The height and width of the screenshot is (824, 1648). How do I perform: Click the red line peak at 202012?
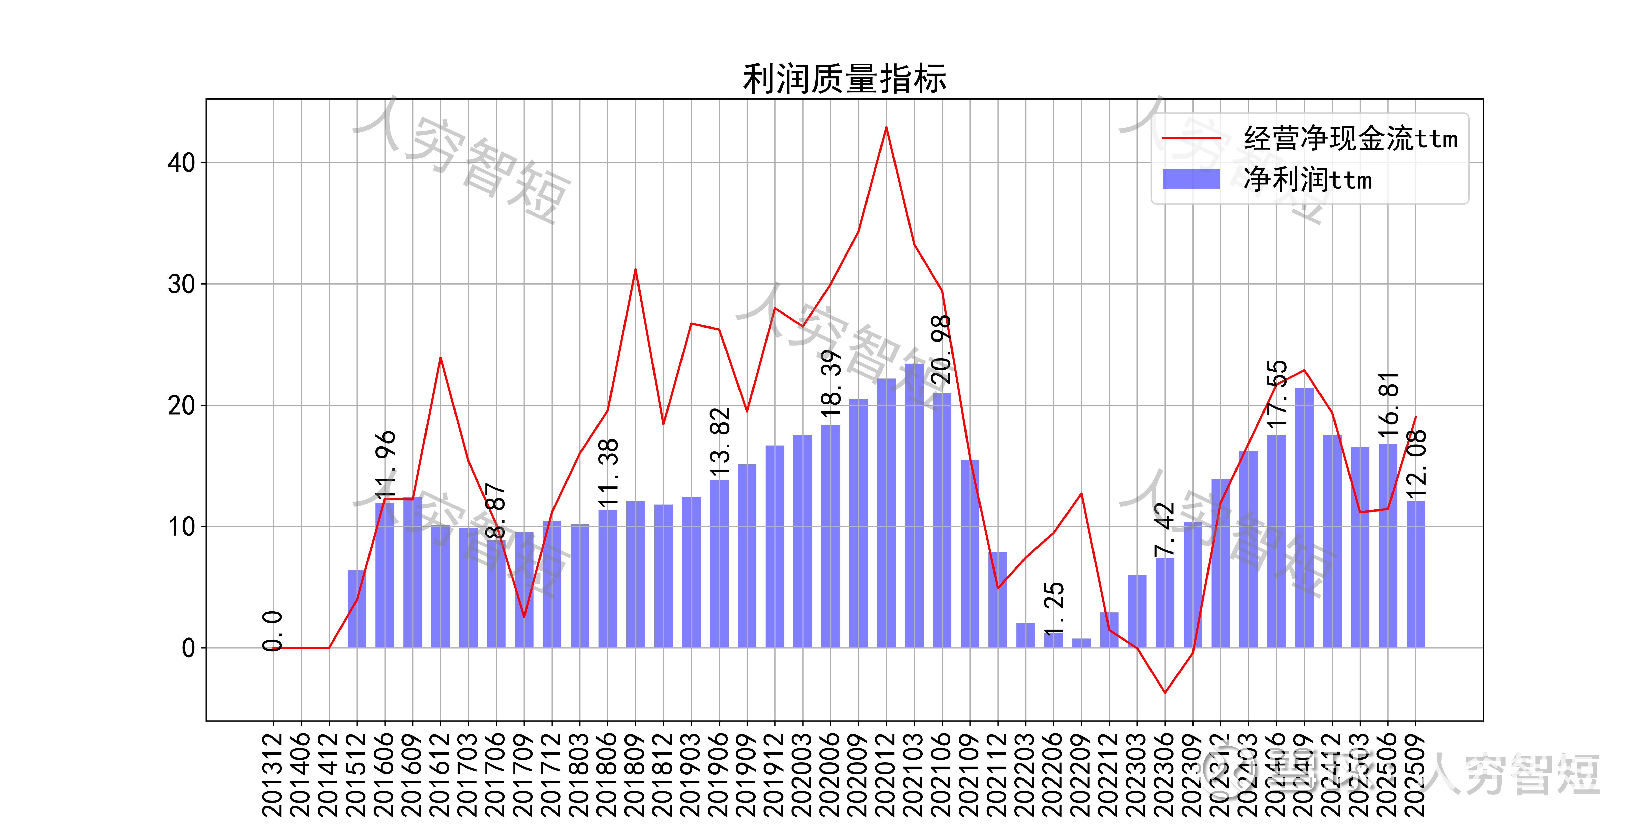(886, 127)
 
